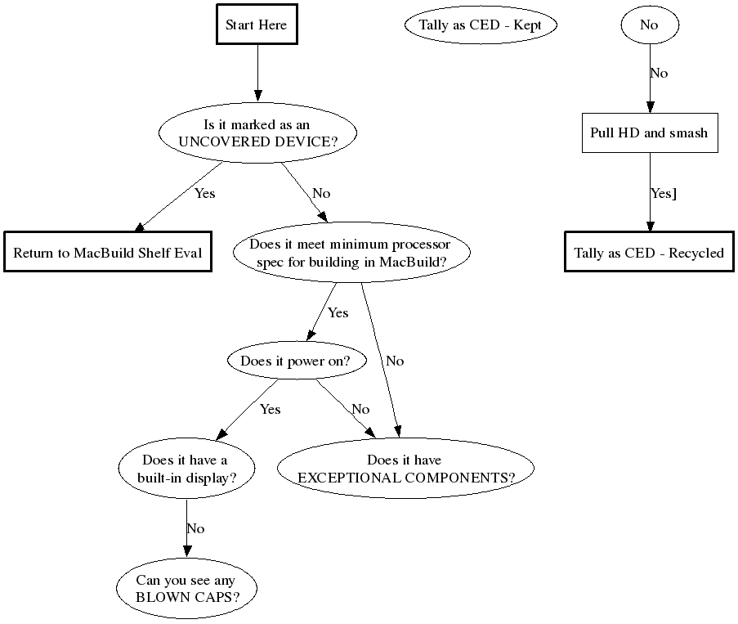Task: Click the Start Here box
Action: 257,25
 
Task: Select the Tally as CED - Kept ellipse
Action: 480,25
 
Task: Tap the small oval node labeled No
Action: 649,25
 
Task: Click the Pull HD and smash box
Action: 649,132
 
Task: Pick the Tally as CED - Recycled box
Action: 649,253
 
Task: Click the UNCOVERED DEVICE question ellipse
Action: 257,133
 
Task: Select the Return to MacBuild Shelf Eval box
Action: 107,253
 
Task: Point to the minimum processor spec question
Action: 351,253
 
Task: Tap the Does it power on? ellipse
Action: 294,361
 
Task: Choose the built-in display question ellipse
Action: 186,469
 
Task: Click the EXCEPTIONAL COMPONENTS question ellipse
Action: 405,469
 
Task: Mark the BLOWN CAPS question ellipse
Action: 186,589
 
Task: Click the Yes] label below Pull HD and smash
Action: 663,193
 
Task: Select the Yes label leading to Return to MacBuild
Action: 204,193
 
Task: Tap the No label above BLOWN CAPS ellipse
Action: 195,528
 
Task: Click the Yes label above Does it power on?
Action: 338,312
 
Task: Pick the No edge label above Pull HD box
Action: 659,73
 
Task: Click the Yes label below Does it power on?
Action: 270,409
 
